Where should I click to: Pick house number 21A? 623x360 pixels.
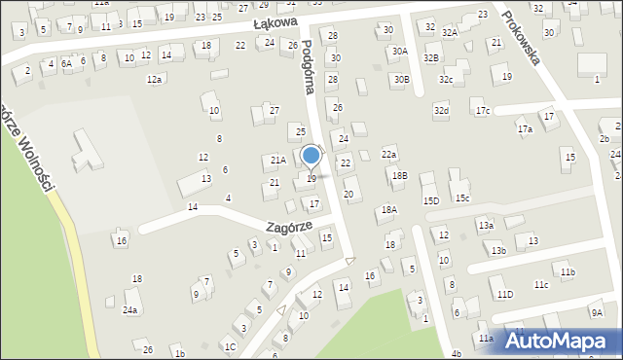click(x=277, y=160)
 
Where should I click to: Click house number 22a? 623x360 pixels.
click(x=389, y=154)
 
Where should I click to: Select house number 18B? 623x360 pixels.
click(x=399, y=175)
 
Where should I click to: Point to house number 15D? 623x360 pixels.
click(x=430, y=200)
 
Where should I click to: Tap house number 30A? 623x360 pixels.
click(x=399, y=51)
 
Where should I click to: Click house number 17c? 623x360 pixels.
click(x=483, y=111)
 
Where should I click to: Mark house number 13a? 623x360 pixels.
click(x=486, y=226)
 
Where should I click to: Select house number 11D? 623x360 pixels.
click(x=504, y=294)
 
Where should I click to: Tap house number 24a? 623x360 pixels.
click(x=129, y=310)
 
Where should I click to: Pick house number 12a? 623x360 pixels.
click(x=154, y=79)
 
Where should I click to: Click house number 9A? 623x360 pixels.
click(x=596, y=312)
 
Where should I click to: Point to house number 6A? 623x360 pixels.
click(x=66, y=63)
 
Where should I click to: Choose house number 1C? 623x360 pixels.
click(x=229, y=346)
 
